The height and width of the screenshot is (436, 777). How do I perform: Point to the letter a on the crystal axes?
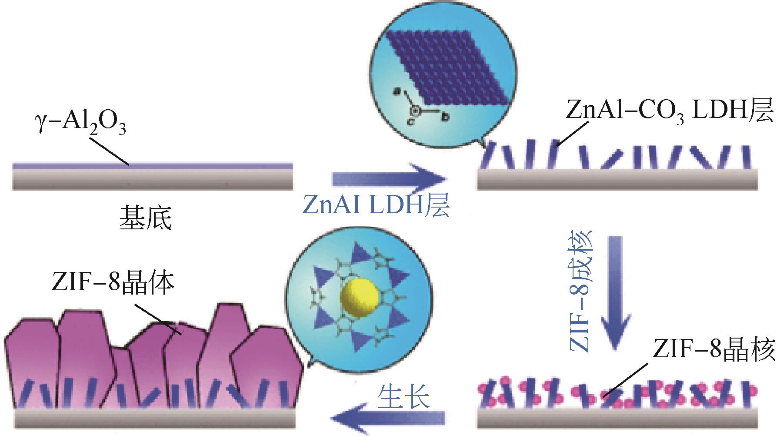click(396, 91)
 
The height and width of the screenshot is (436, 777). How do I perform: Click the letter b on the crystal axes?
click(445, 116)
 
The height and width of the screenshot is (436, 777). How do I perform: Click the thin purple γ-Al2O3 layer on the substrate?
click(152, 166)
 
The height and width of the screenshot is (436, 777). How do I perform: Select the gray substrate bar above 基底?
click(152, 179)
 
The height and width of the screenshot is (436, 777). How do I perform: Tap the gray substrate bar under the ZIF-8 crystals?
click(154, 418)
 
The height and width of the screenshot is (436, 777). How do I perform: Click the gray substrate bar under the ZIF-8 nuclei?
click(617, 418)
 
